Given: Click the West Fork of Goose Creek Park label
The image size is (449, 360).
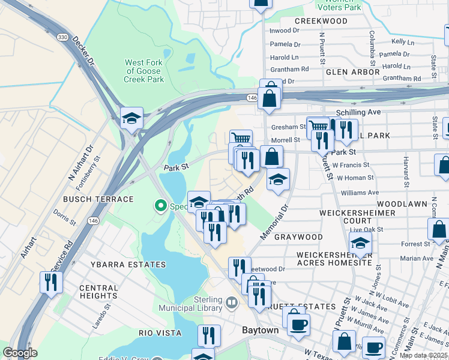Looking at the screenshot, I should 144,71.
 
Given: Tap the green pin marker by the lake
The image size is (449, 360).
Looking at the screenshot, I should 160,206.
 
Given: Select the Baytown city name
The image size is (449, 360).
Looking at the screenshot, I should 260,331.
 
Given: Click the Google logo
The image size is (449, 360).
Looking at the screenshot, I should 20,353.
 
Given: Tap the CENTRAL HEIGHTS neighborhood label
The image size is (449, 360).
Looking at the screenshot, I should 98,292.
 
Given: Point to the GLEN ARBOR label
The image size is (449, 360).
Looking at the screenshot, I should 352,72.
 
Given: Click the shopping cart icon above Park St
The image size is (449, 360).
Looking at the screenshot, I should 241,138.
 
